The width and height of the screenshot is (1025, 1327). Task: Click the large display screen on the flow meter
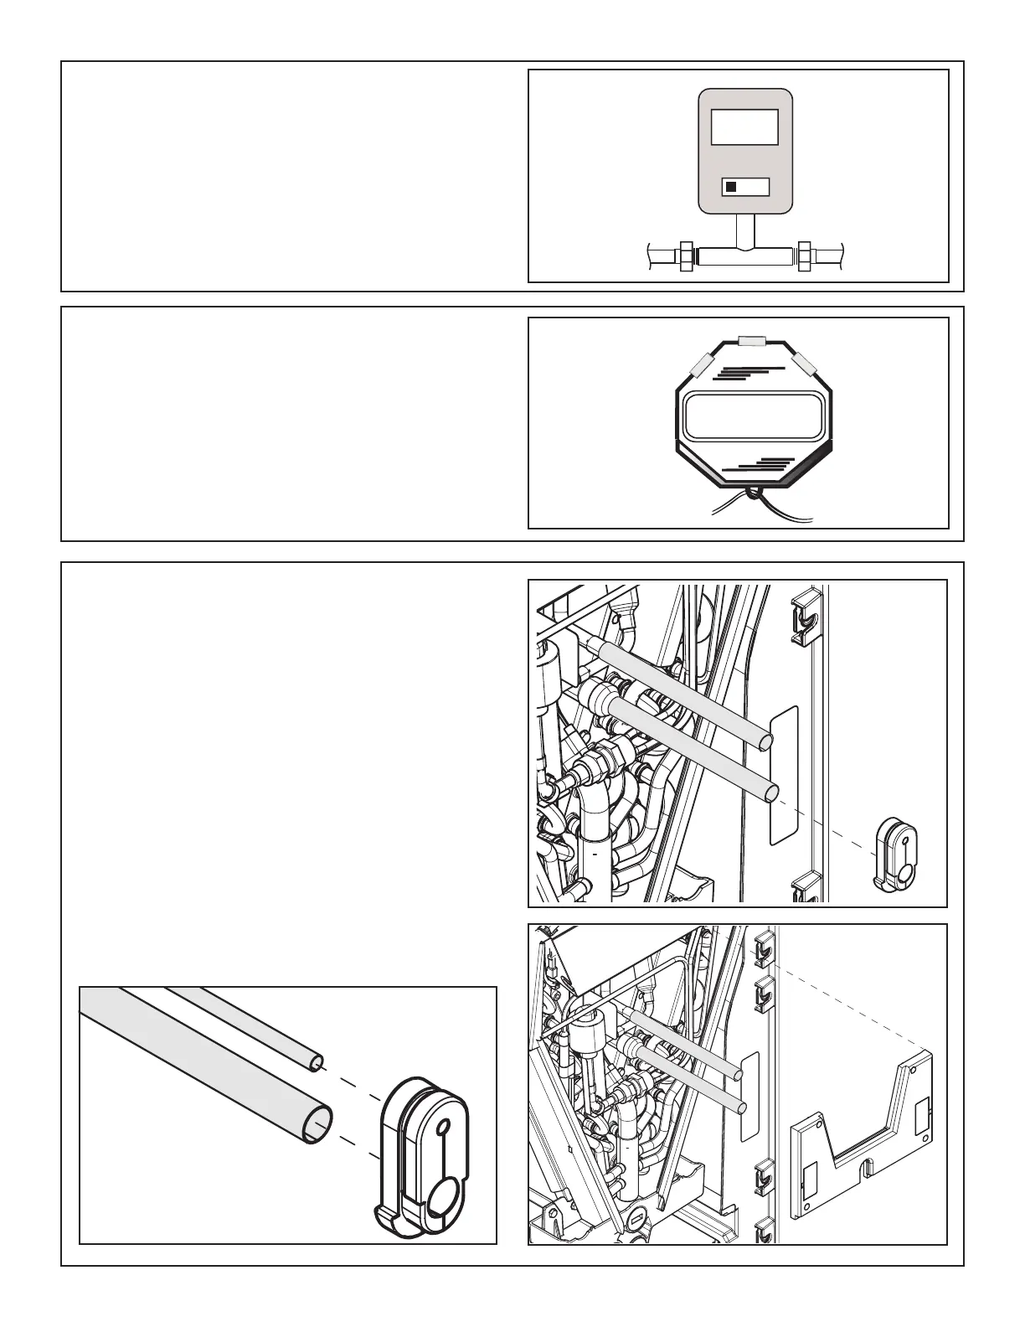[x=744, y=129]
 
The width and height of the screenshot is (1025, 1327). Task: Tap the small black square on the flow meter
[x=731, y=188]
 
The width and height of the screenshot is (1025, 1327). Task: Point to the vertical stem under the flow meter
[x=744, y=230]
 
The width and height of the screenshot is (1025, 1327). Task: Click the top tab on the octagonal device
[x=753, y=341]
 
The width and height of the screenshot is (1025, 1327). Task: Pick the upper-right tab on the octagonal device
[x=806, y=364]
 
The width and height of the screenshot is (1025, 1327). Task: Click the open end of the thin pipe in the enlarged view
[x=316, y=1063]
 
